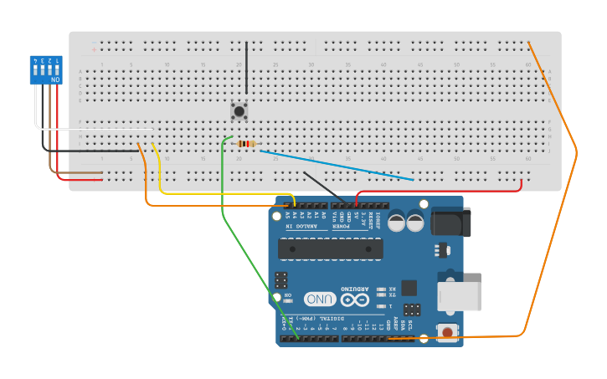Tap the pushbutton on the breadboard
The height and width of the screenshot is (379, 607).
click(239, 110)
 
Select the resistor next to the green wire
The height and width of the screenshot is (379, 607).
click(245, 143)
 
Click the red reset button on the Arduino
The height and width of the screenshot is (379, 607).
click(447, 332)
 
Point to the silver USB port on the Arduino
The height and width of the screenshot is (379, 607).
click(459, 296)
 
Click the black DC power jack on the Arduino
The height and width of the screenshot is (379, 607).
click(450, 222)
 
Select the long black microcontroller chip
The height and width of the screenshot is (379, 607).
click(330, 248)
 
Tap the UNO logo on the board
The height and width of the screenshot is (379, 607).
click(320, 299)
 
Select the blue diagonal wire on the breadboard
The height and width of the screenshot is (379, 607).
click(335, 165)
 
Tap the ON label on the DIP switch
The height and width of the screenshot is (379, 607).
click(55, 79)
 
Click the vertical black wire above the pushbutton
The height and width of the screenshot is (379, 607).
click(246, 71)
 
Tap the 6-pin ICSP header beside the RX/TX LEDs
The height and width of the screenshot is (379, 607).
click(411, 309)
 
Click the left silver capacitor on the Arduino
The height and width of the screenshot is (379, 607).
click(394, 222)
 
